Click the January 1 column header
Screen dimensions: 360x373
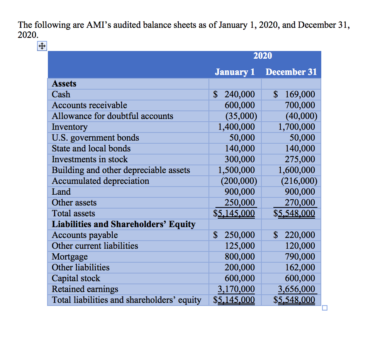[x=235, y=72]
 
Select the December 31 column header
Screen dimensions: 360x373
[x=291, y=72]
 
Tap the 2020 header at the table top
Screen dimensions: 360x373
[x=263, y=56]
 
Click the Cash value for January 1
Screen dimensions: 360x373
[x=234, y=95]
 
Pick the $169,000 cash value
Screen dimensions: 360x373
[x=294, y=95]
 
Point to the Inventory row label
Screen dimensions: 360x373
[x=70, y=127]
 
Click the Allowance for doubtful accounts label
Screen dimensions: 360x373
[x=112, y=116]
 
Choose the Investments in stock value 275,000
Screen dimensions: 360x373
[x=300, y=160]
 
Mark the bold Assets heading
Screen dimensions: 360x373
[x=64, y=84]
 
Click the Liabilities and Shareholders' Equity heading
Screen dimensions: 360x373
[x=124, y=224]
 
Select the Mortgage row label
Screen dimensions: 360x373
[x=70, y=257]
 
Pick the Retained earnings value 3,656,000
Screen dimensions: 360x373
[x=297, y=289]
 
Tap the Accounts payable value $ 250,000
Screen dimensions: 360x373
[x=234, y=235]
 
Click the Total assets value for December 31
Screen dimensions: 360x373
[x=294, y=214]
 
